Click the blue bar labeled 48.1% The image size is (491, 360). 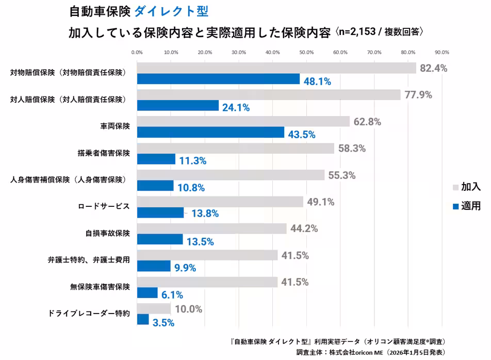point(218,79)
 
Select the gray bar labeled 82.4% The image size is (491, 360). point(276,68)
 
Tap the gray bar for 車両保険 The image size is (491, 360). point(243,122)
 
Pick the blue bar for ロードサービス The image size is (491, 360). point(160,212)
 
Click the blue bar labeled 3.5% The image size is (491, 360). point(143,320)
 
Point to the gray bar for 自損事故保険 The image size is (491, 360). point(212,228)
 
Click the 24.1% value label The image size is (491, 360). point(236,108)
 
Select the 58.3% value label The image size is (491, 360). point(352,149)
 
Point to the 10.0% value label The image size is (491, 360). point(188,309)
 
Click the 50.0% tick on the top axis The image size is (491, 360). point(306,52)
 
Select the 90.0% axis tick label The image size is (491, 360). point(442,52)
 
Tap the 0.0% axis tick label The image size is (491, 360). point(137,52)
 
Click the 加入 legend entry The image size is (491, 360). point(466,187)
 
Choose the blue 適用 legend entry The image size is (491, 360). point(466,206)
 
